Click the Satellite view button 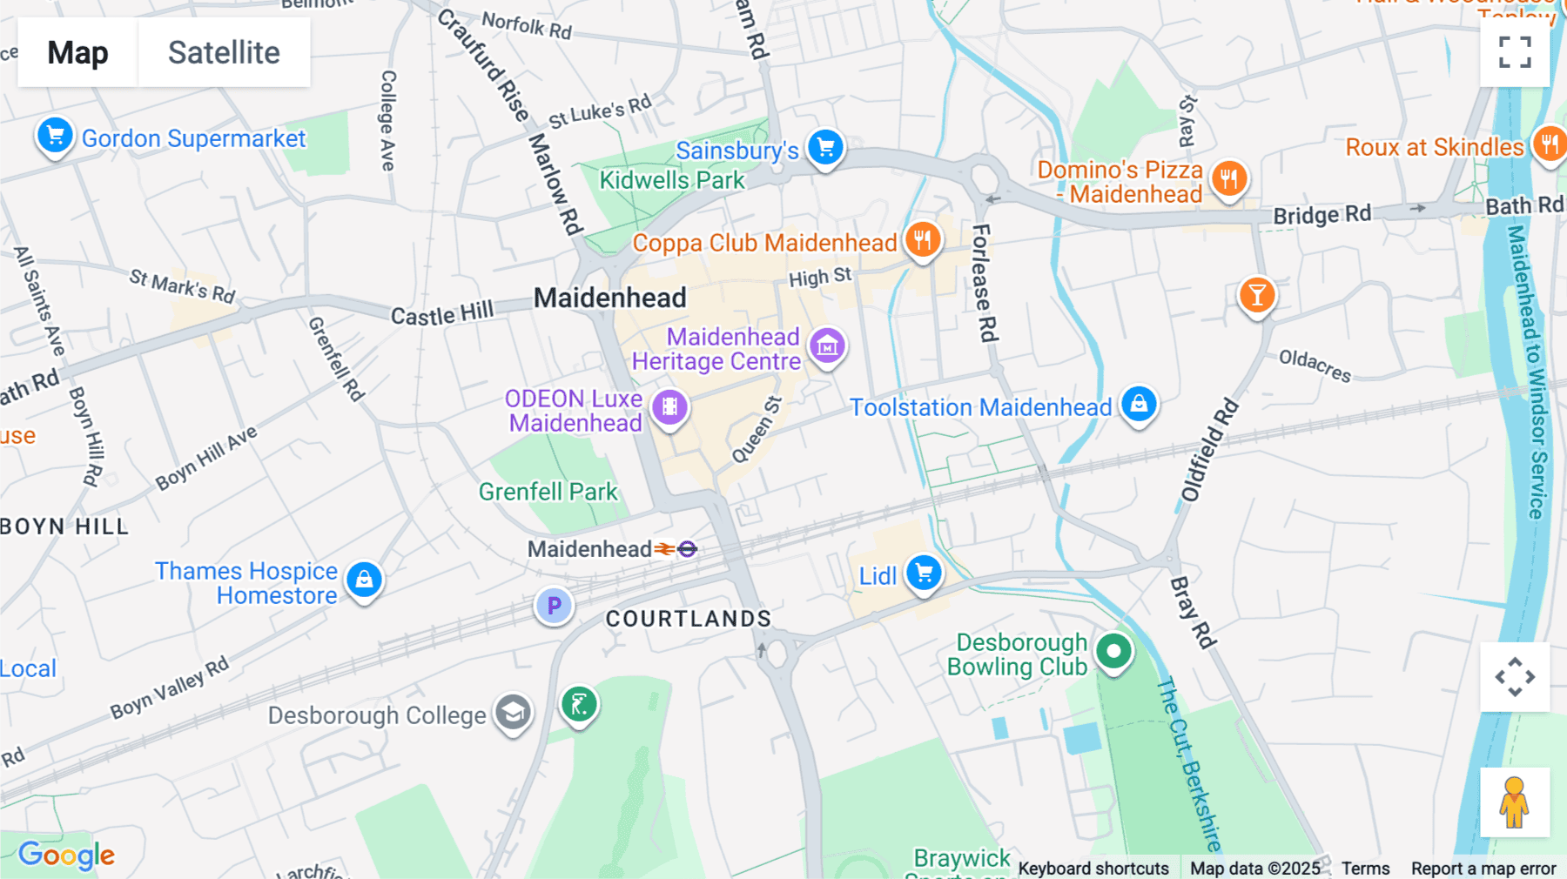pos(224,53)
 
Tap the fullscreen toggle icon pos(1515,52)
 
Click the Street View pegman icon pos(1514,802)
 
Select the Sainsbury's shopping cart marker pos(825,147)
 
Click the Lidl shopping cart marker pos(924,573)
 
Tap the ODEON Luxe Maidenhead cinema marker pos(669,406)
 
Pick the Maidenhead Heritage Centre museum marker pos(827,346)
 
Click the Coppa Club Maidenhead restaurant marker pos(923,238)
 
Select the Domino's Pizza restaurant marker pos(1228,179)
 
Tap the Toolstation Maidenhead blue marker pos(1139,404)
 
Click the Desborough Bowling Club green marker pos(1113,651)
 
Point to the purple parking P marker pos(554,606)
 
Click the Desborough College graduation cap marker pos(514,713)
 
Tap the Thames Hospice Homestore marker pos(364,579)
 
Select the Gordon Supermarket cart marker pos(55,136)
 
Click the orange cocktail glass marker pos(1257,295)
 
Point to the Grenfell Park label pos(548,492)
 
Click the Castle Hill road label pos(441,313)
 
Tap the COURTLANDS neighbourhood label pos(689,619)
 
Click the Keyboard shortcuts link pos(1093,868)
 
